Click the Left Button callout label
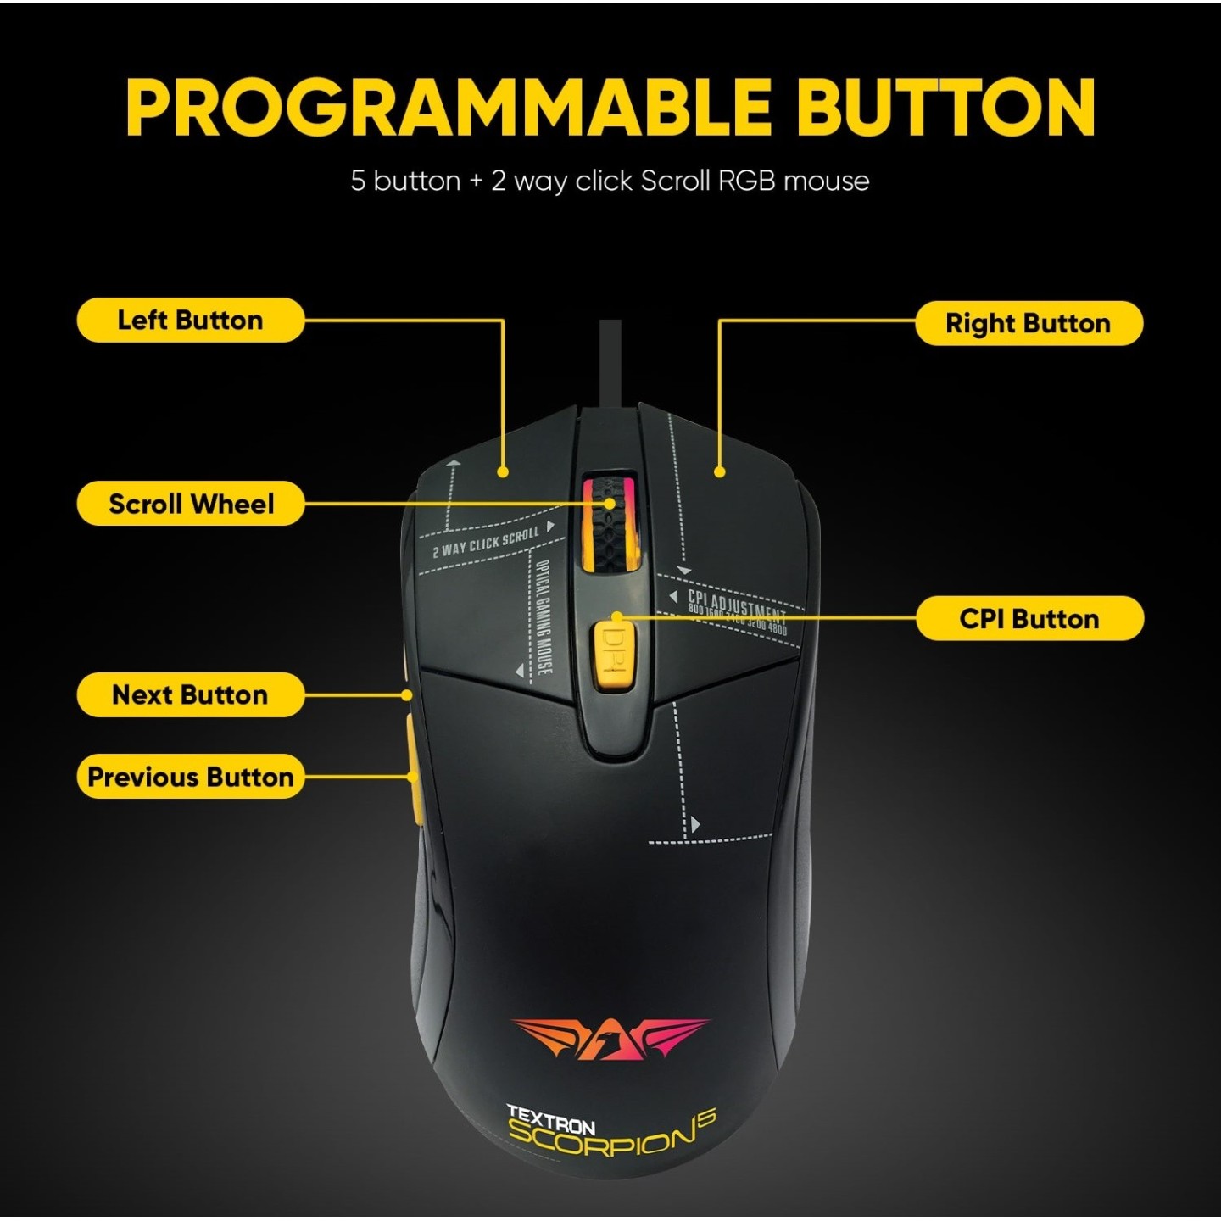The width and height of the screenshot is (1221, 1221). (190, 321)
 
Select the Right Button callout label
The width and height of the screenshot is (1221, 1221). (1029, 323)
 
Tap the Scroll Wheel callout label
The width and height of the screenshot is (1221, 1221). (191, 504)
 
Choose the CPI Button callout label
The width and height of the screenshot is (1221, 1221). (1029, 618)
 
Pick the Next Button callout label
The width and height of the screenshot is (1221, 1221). (190, 694)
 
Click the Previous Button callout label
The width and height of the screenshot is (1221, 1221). (190, 777)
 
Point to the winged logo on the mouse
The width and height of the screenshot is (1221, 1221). (610, 1038)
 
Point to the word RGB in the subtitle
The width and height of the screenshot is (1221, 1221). (746, 181)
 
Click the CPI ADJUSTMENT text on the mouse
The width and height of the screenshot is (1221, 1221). (736, 604)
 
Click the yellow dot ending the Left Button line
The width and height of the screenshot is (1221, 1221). (503, 472)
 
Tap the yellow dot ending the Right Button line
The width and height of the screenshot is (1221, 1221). (720, 472)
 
